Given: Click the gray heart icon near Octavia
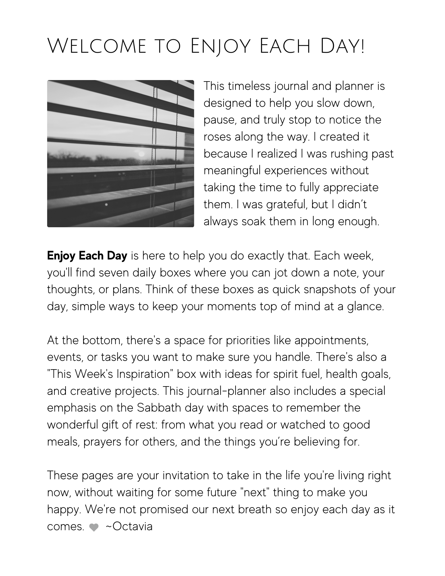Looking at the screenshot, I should (x=94, y=527).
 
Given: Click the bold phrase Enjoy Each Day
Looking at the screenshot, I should (x=87, y=256).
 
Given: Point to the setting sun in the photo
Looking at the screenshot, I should (x=141, y=154).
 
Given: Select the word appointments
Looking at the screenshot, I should (x=331, y=340).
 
